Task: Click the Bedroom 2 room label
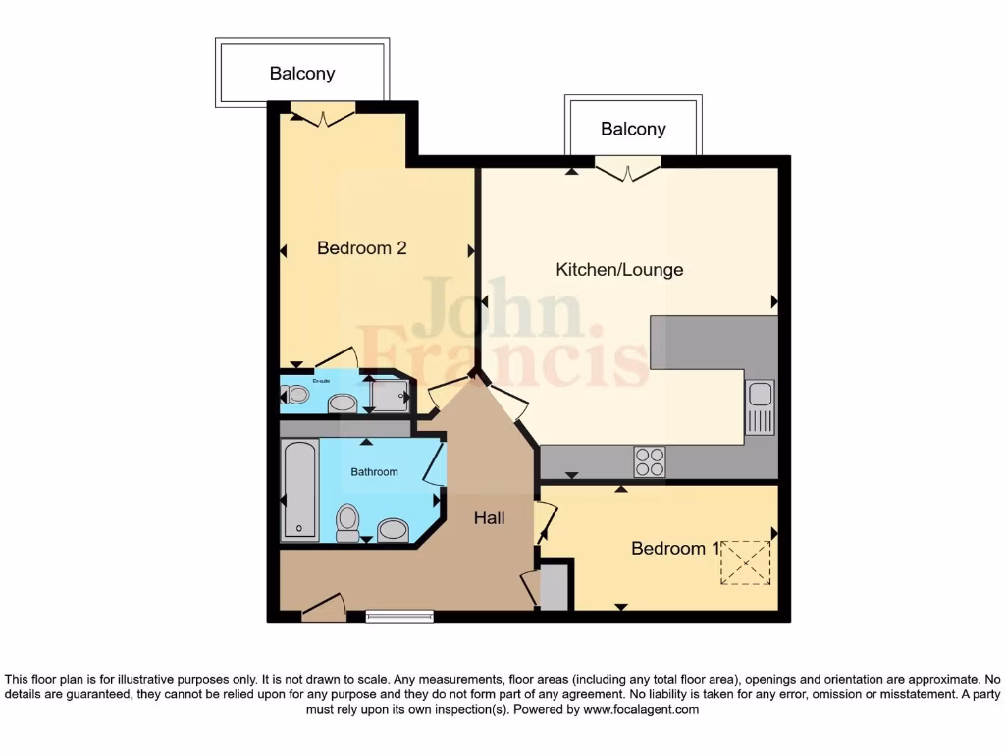click(361, 248)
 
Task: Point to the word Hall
click(489, 517)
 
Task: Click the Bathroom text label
click(375, 472)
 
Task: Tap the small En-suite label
click(321, 381)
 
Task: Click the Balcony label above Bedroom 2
click(302, 74)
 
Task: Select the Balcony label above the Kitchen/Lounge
click(633, 129)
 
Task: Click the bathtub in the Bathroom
click(300, 489)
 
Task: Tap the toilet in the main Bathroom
click(347, 522)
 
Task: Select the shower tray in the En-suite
click(388, 396)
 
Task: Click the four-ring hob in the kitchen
click(650, 461)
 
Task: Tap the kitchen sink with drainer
click(760, 407)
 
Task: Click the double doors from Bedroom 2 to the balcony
click(322, 115)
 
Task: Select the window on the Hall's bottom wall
click(398, 617)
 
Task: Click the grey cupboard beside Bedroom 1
click(555, 585)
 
